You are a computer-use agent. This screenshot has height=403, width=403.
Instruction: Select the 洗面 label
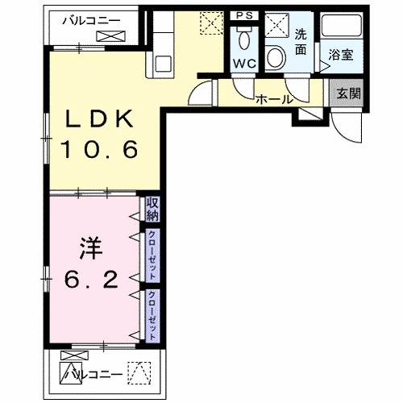pyautogui.click(x=299, y=43)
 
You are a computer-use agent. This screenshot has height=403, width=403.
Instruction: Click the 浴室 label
pyautogui.click(x=339, y=56)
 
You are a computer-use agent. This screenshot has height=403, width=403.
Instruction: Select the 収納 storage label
pyautogui.click(x=152, y=210)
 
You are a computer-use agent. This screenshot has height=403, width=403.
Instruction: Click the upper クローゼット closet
pyautogui.click(x=152, y=256)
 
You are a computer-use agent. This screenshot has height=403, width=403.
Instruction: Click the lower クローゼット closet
pyautogui.click(x=152, y=314)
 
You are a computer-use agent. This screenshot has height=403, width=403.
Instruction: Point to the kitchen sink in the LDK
pyautogui.click(x=160, y=64)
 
